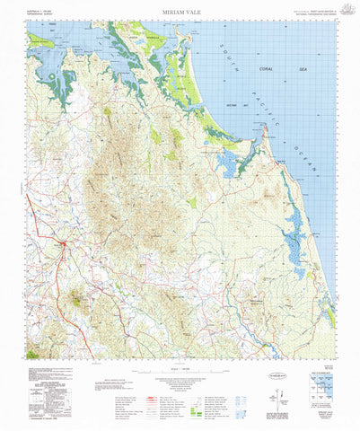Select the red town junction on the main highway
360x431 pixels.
[x=61, y=242]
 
